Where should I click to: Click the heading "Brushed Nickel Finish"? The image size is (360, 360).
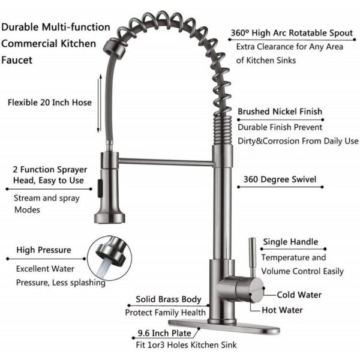[280, 112]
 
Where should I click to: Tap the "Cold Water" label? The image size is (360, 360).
[299, 295]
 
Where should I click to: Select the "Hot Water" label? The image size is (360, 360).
[282, 310]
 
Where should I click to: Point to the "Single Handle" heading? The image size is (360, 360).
[290, 242]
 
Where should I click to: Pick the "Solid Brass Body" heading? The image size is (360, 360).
[165, 298]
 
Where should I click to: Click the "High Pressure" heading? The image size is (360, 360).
[44, 250]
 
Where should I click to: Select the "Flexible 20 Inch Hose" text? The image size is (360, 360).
[50, 103]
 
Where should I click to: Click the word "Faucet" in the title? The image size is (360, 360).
[18, 61]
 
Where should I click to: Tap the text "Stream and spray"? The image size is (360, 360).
[44, 197]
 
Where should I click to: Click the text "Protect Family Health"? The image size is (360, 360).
[166, 313]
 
